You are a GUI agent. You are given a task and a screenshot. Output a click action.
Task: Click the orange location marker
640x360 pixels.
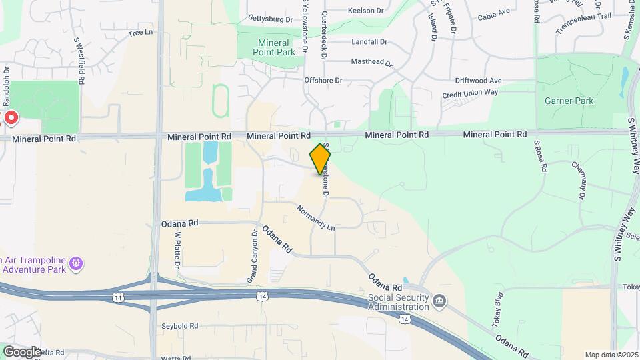(321, 160)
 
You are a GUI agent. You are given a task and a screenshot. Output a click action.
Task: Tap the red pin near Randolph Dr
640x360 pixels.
(11, 119)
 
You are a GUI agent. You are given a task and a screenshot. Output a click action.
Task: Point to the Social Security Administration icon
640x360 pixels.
(439, 302)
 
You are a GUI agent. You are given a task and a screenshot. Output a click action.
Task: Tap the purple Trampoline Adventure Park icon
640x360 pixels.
(77, 264)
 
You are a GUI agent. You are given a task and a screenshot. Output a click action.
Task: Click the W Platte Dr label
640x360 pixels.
(178, 251)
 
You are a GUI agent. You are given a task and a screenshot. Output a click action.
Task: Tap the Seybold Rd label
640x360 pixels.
(180, 326)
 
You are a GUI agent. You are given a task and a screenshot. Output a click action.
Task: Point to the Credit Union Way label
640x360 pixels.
(470, 93)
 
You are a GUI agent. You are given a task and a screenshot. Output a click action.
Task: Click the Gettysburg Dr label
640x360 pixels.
(270, 19)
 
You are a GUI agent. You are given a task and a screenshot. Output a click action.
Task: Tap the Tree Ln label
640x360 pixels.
(140, 32)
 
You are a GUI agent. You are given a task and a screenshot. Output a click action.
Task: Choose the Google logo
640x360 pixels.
(22, 351)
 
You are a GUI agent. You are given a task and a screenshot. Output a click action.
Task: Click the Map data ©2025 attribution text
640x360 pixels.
(610, 355)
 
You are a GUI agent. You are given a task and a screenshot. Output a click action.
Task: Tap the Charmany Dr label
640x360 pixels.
(579, 181)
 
